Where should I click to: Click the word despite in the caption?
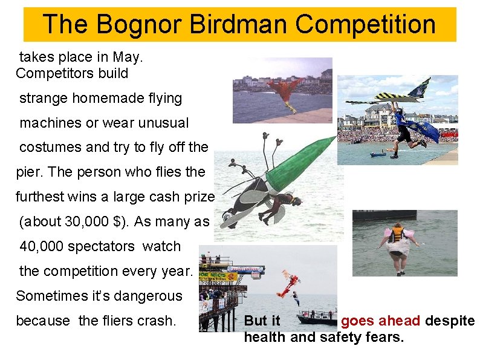[450, 321]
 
